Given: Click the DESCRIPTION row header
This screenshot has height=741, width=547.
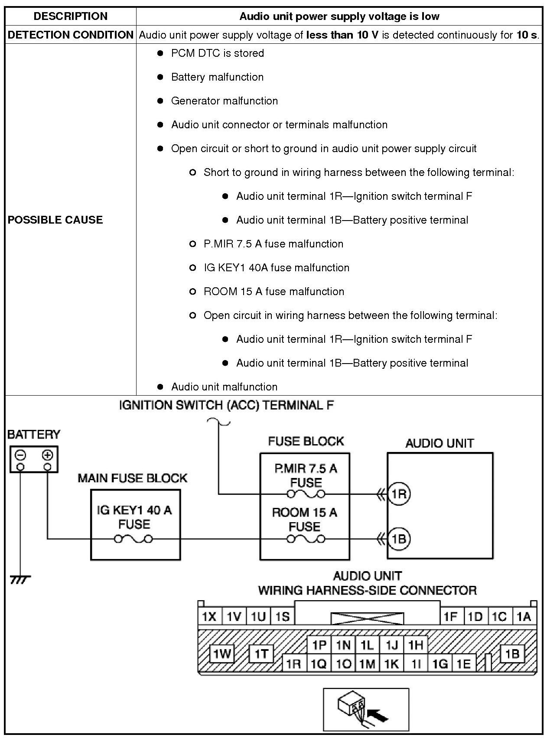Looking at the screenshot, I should [x=70, y=16].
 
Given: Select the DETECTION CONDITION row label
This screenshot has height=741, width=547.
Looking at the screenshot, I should [x=70, y=35].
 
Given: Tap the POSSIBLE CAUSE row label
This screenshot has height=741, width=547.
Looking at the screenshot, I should [x=55, y=220].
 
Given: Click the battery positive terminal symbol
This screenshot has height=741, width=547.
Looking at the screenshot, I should [x=47, y=455].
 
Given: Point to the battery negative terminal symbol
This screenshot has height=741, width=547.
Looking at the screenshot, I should [x=20, y=455].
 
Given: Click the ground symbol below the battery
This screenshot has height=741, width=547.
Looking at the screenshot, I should [x=20, y=579].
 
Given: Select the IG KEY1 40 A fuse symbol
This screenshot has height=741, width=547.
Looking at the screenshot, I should [x=133, y=539].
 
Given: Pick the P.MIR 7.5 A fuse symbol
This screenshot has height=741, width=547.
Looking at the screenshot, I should [x=306, y=494].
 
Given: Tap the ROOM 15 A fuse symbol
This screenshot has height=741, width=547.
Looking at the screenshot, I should [x=306, y=539].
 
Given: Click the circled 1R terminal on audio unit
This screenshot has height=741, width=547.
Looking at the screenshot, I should [x=398, y=494].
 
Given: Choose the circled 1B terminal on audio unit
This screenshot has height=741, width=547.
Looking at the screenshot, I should [x=398, y=539].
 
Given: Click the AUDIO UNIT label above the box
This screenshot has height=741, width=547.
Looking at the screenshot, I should [x=440, y=443].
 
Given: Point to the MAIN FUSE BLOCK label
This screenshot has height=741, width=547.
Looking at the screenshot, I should [x=132, y=478].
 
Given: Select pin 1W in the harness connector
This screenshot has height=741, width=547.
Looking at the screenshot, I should [x=221, y=653].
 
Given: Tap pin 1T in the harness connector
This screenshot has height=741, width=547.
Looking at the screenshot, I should [x=261, y=653].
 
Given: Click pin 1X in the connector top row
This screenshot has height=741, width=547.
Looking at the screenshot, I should [x=210, y=616].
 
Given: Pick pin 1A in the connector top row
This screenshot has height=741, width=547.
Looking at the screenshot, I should [x=524, y=616].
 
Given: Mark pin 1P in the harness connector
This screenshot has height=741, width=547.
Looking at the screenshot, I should [x=319, y=645].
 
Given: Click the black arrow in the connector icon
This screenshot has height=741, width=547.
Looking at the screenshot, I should [x=378, y=713].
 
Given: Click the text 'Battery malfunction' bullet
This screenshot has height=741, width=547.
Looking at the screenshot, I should [x=217, y=77].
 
